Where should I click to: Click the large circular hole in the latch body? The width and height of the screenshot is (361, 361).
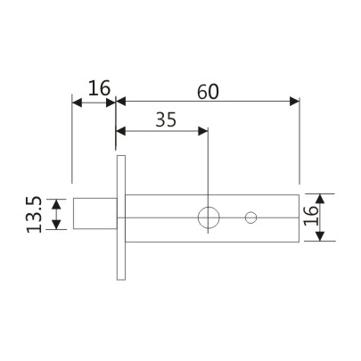(209, 217)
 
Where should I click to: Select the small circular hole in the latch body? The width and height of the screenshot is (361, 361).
(250, 217)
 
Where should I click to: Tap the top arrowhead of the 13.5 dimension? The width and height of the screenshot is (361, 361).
(57, 202)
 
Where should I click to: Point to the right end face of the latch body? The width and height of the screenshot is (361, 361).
(298, 217)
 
